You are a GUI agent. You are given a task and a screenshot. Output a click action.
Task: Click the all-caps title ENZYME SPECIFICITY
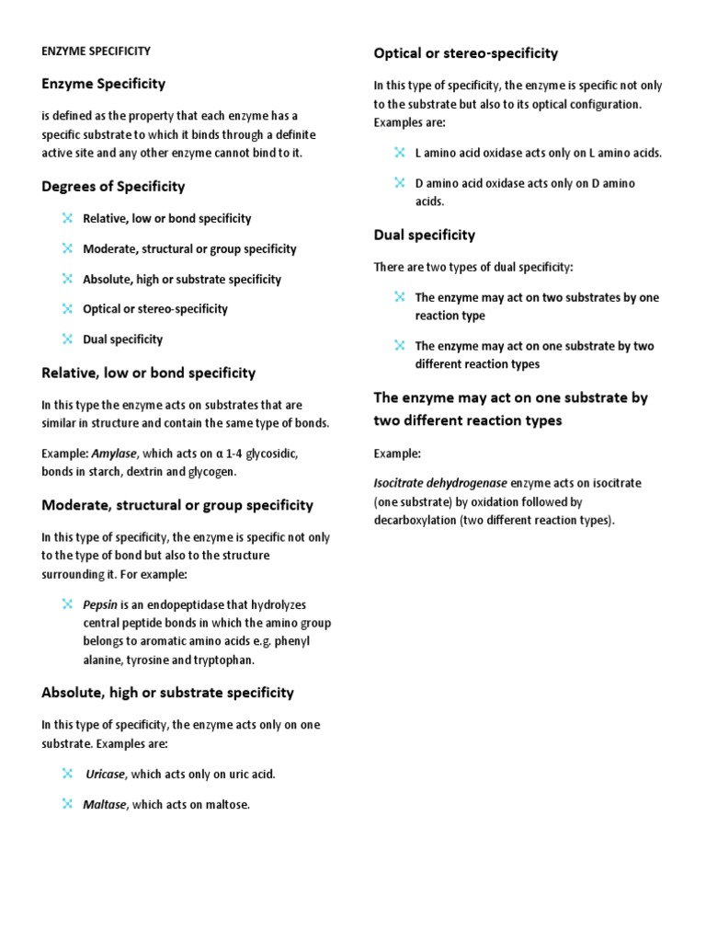(97, 52)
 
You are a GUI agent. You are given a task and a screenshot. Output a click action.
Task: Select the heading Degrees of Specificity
(113, 187)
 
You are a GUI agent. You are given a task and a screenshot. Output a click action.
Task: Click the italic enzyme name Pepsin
(100, 604)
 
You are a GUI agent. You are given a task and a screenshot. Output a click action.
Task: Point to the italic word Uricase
(105, 774)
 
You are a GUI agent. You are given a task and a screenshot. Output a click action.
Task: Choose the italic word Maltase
(104, 805)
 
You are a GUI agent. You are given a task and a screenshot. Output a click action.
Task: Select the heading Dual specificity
(425, 235)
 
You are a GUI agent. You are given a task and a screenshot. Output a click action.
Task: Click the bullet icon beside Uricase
(67, 774)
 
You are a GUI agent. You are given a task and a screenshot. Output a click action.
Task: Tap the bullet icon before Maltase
(67, 804)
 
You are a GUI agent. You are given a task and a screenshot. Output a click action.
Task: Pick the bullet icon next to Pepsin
(67, 603)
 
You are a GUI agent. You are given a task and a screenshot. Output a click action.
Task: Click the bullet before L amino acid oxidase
(399, 152)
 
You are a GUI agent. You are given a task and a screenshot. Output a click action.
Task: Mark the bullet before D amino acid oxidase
(399, 182)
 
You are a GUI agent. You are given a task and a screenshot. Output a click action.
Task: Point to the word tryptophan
(222, 660)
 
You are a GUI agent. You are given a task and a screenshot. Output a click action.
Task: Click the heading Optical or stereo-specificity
(466, 53)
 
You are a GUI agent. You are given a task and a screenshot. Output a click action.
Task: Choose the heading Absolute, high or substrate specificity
(168, 693)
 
